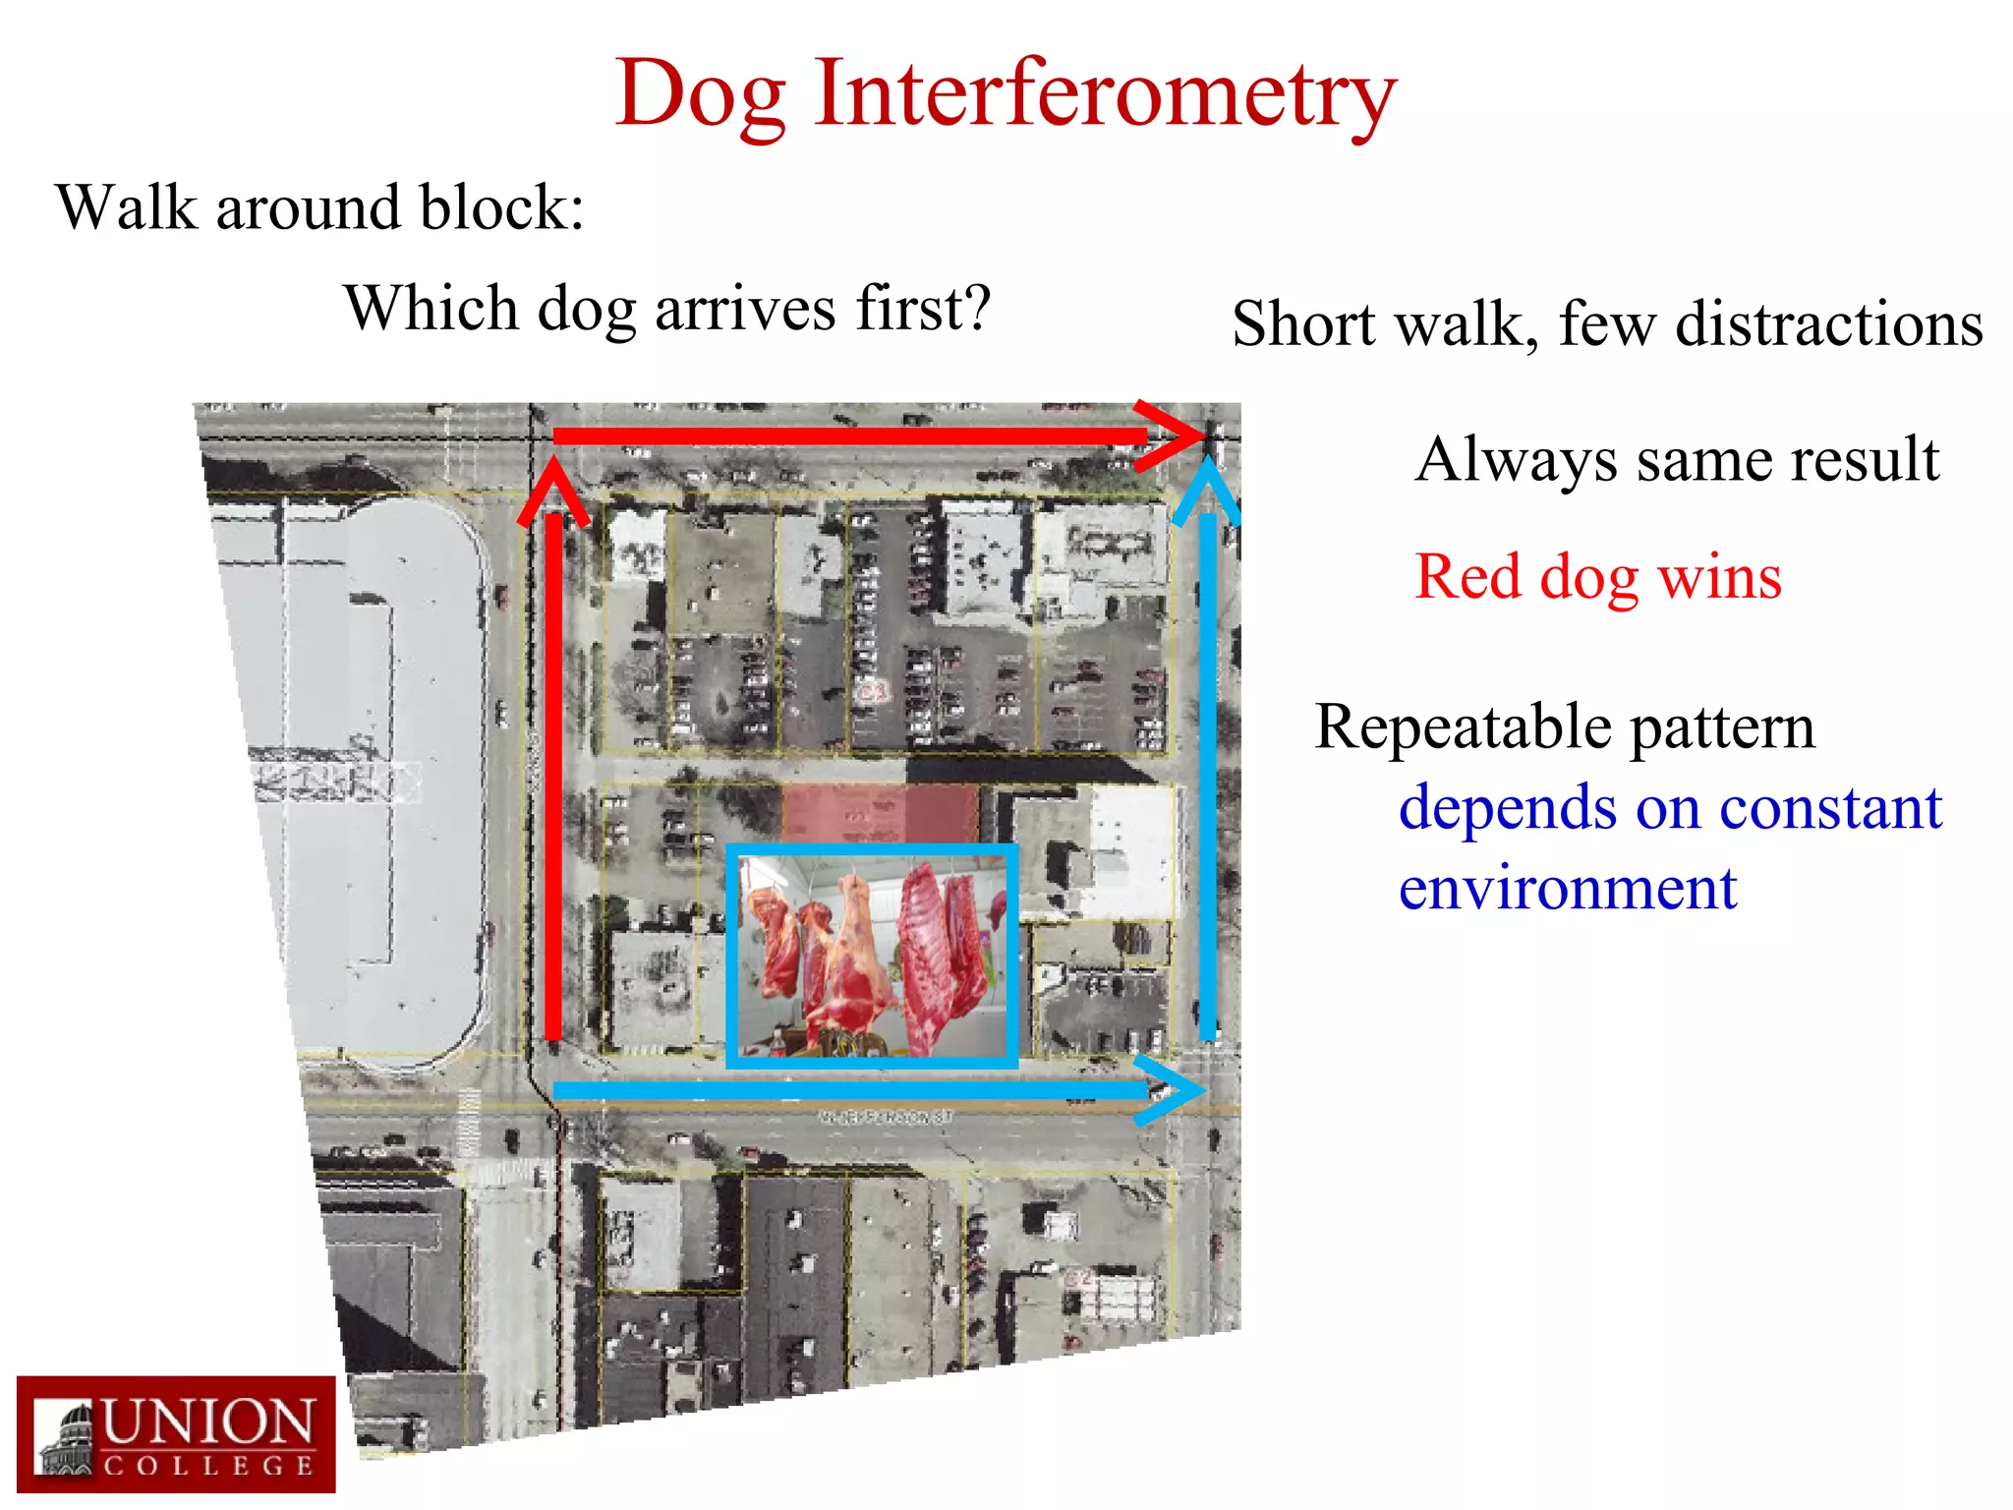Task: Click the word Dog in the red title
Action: coord(700,94)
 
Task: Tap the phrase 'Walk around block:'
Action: coord(320,207)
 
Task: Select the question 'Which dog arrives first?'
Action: coord(667,309)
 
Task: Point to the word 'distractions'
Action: coord(1828,324)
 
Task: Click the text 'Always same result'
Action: coord(1677,460)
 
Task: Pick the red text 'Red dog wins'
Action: coord(1597,577)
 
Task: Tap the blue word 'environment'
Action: coord(1568,889)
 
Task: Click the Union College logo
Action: coord(176,1433)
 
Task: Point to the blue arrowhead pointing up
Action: coord(1207,489)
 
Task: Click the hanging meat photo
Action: coord(872,956)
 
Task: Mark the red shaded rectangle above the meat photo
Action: coord(880,812)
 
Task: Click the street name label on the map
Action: coord(886,1117)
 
